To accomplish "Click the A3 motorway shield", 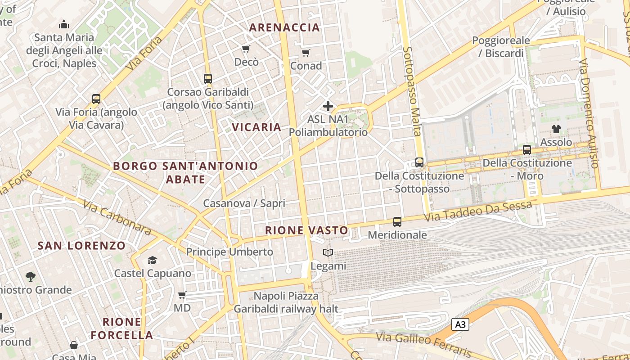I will (460, 324).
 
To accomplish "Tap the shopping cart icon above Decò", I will (246, 49).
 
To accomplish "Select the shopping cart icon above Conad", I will (306, 53).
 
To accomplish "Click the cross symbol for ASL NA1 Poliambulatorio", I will (328, 106).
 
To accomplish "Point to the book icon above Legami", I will (328, 253).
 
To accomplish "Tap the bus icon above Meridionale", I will (397, 221).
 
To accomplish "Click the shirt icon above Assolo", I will (556, 129).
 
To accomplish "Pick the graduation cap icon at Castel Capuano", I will (152, 260).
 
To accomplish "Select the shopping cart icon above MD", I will (182, 295).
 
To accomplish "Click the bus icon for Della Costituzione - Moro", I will (527, 150).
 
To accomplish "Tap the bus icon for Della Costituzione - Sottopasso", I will (419, 162).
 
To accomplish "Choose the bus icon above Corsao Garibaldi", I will (207, 79).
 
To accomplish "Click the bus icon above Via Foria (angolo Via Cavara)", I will (96, 99).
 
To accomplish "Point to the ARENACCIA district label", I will (284, 27).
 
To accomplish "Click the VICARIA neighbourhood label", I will (256, 127).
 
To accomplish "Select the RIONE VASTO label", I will (306, 230).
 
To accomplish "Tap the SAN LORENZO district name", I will (81, 246).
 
